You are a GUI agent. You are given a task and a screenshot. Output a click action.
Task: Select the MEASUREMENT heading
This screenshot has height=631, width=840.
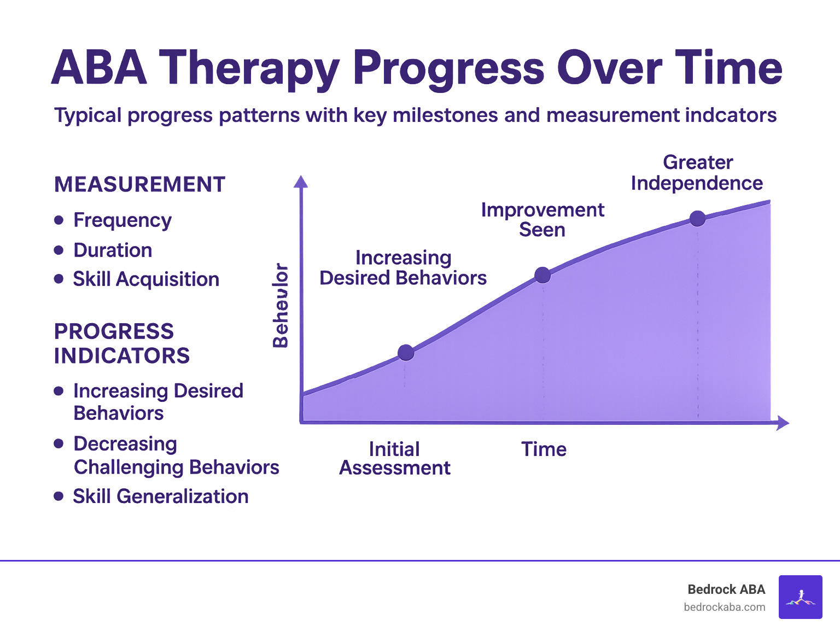point(139,184)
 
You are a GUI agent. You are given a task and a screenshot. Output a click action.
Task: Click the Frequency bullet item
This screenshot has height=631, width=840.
point(122,220)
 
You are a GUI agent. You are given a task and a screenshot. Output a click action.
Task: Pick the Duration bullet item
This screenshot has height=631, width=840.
point(113,250)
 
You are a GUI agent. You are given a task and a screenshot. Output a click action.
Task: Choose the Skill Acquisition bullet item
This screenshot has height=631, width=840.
point(146,279)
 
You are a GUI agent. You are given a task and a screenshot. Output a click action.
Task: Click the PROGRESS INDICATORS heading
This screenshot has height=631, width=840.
point(121,343)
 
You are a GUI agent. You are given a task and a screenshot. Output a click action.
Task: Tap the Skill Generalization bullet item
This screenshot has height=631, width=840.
point(160,496)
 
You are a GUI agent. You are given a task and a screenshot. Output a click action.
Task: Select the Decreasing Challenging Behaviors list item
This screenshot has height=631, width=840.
point(176,455)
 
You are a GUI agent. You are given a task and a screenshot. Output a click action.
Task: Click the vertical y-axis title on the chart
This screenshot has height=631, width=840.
point(280,305)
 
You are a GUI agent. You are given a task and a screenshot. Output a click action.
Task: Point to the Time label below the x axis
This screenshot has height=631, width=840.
point(544,449)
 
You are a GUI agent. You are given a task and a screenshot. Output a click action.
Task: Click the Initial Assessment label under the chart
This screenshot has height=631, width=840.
point(394,459)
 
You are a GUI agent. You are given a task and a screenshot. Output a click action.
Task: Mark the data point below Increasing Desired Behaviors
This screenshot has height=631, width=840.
point(406,353)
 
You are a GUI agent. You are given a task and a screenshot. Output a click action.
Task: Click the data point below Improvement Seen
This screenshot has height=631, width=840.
point(542,275)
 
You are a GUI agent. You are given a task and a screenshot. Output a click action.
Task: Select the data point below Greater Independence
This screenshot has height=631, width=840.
point(697,219)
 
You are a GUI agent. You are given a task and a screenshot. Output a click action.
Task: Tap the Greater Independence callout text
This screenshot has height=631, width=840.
point(697,173)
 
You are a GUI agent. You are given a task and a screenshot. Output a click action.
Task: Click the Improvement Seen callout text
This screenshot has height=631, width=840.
point(542,220)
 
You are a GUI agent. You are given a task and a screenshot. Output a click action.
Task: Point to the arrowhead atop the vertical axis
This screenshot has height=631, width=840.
point(301,182)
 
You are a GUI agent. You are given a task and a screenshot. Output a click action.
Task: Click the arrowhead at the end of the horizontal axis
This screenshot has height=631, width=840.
point(783,423)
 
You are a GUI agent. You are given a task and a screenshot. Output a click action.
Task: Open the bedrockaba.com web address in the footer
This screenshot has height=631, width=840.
point(724,607)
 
